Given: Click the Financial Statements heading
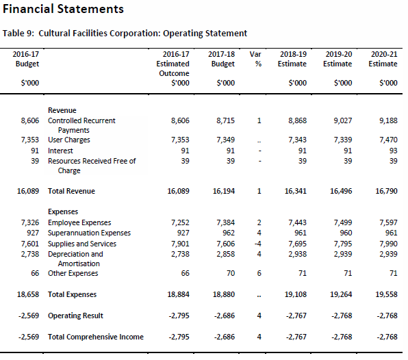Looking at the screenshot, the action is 63,9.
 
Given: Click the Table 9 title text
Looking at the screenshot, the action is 125,34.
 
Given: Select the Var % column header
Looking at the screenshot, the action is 255,59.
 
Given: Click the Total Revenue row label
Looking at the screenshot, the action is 71,191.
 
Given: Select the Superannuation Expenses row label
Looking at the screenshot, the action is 89,233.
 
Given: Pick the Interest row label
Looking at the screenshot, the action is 60,151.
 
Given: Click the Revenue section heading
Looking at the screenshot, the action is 62,110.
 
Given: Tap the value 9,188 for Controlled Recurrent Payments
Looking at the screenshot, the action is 388,120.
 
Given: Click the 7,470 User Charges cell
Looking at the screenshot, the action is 388,140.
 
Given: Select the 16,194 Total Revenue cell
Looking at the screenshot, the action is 224,191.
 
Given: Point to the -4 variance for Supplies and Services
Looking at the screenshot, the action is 258,244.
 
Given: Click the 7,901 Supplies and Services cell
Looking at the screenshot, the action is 180,244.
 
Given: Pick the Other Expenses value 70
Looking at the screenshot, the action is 231,273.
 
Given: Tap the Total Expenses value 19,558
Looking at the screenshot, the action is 386,294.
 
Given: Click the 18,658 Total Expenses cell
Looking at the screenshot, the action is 28,294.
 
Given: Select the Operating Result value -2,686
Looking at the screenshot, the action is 225,316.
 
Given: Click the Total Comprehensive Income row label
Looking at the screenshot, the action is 96,337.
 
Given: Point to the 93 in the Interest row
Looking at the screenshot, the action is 393,151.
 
